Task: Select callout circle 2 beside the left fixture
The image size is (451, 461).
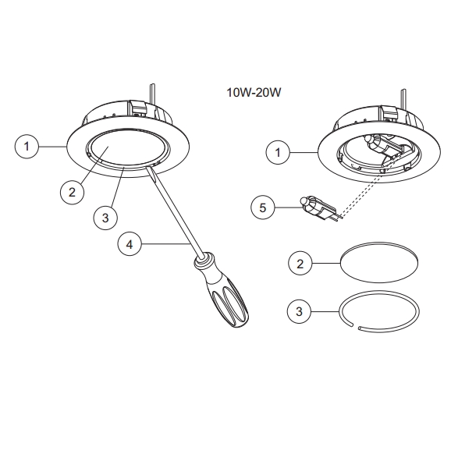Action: [72, 192]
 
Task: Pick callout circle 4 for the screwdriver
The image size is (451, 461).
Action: [130, 244]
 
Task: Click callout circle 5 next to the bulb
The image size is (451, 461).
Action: [264, 207]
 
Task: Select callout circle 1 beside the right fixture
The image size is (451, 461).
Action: [277, 152]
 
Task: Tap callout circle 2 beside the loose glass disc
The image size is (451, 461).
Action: [300, 263]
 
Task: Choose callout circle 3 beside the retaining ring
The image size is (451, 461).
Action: [300, 313]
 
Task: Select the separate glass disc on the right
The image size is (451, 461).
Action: [377, 261]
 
